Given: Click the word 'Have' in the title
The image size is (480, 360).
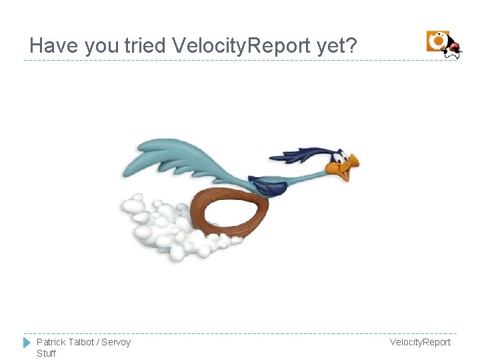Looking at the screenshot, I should (54, 45).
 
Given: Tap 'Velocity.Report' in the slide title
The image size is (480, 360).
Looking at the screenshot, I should (241, 45).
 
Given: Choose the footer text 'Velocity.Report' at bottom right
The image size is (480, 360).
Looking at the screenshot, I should (420, 342).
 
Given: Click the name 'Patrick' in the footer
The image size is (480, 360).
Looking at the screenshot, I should (51, 342).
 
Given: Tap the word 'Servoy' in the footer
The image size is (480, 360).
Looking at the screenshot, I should (116, 342).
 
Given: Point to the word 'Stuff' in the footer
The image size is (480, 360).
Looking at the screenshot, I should (47, 353).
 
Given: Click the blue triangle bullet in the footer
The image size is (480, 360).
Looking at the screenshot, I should (27, 343).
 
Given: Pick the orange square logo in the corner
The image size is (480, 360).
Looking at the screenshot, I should (437, 41).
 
